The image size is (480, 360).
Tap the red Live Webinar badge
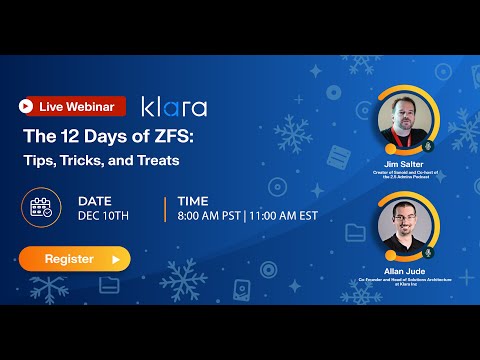click(x=73, y=106)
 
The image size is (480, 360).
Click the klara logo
click(x=174, y=106)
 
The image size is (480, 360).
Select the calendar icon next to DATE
click(x=42, y=208)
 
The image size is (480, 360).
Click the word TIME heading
click(x=193, y=200)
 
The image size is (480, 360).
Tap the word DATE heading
click(x=95, y=200)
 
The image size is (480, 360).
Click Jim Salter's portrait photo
click(x=405, y=124)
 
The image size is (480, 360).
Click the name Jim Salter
click(x=406, y=163)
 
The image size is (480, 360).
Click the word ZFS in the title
click(x=175, y=138)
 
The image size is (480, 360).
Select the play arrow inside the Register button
click(x=116, y=259)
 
